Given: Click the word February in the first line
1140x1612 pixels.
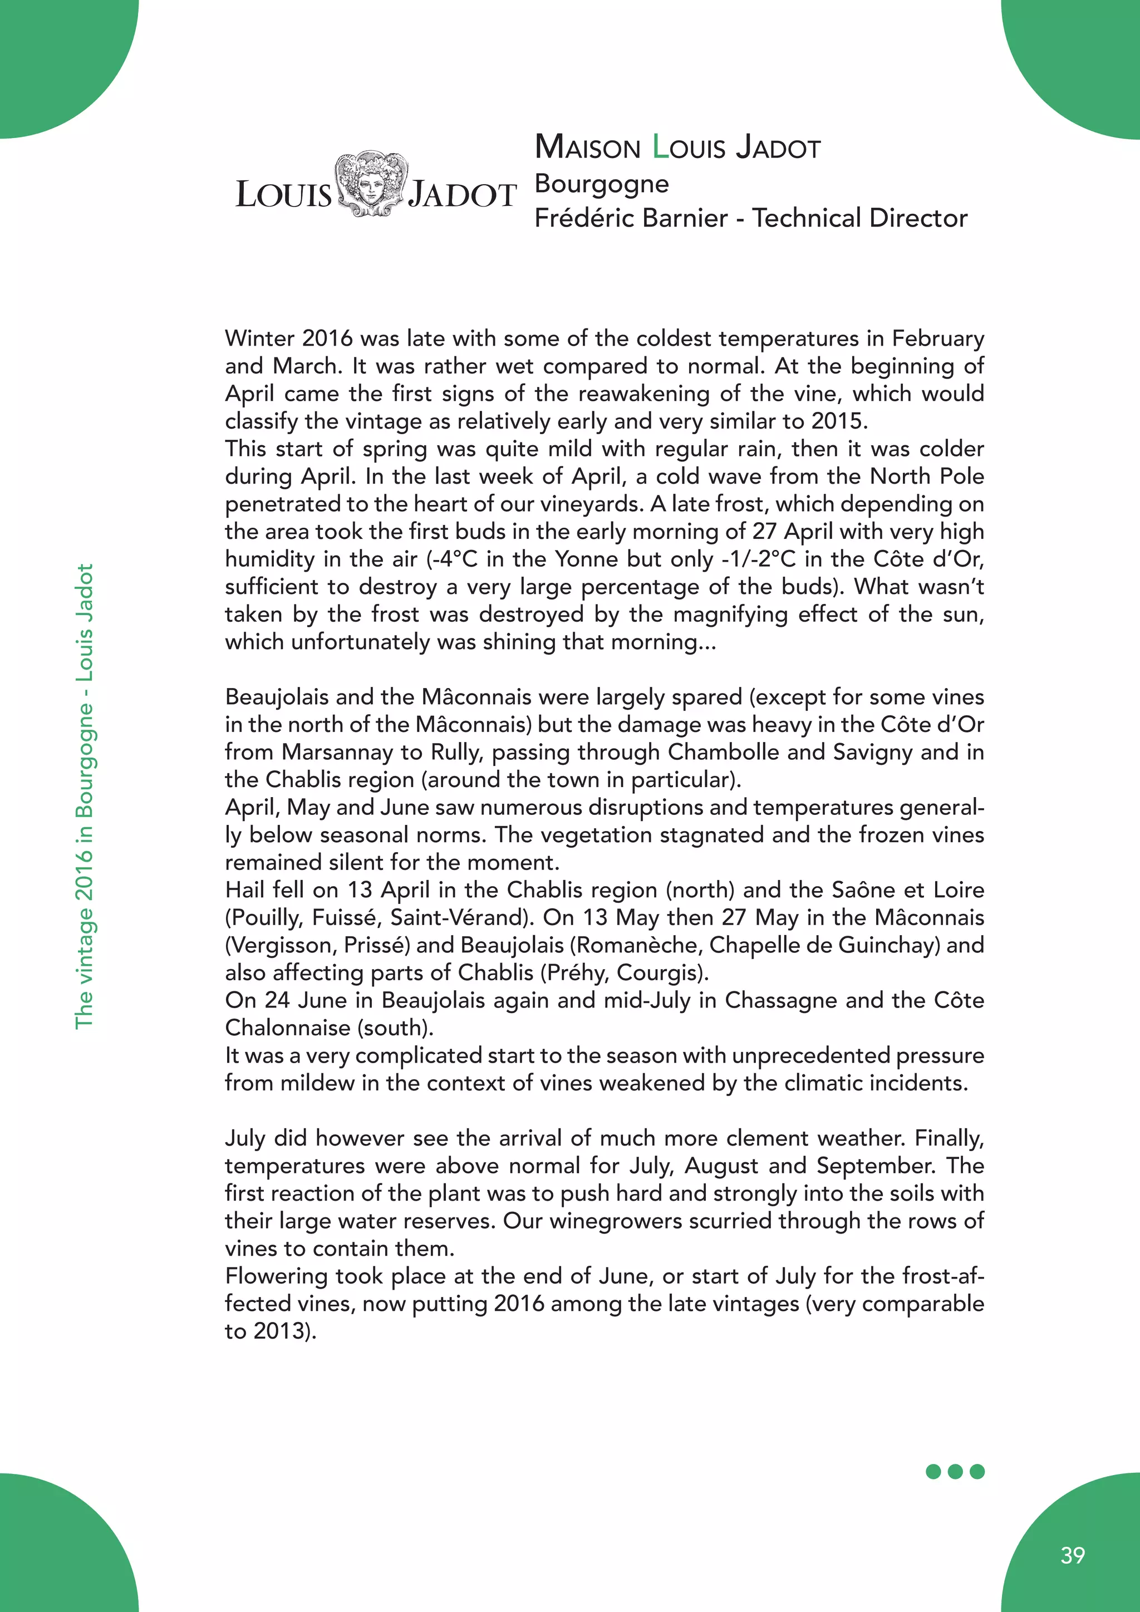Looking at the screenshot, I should tap(938, 338).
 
